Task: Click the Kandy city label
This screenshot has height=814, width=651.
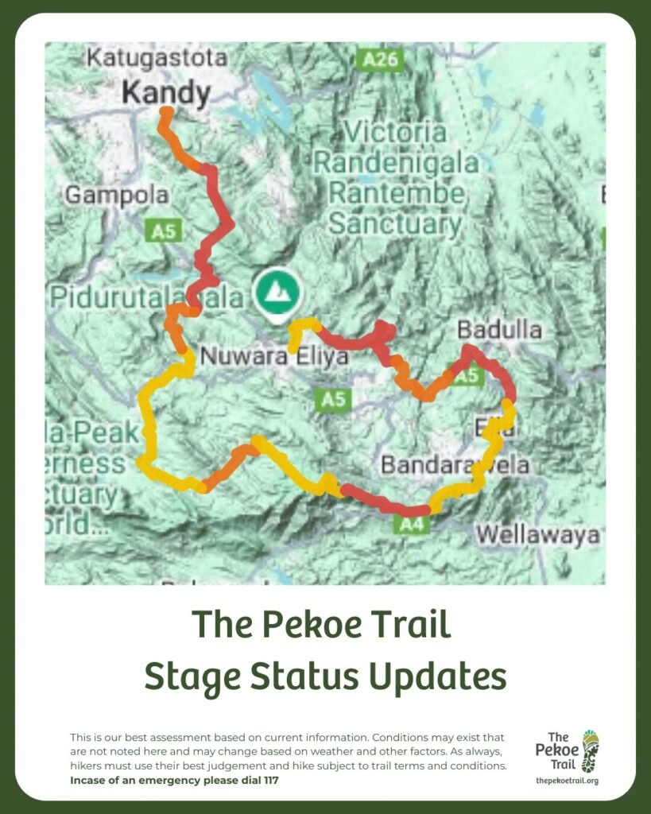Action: coord(166,94)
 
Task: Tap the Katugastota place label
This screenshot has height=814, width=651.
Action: coord(145,59)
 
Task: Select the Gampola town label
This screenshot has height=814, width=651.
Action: coord(117,195)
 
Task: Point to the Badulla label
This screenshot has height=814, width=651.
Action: coord(499,331)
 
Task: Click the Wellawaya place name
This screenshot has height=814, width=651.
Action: coord(538,535)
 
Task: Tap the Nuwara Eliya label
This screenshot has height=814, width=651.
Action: coord(273,356)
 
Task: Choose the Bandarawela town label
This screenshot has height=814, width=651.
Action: coord(455,464)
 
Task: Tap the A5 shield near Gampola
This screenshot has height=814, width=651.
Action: coord(163,231)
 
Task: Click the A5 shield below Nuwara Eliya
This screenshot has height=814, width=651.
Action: coord(334,398)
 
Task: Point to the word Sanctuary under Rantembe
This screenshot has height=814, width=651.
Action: coord(394,224)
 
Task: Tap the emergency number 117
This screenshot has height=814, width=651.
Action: coord(269,780)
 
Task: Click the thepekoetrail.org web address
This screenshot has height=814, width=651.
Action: coord(567,781)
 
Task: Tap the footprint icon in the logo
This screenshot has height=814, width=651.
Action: coord(589,751)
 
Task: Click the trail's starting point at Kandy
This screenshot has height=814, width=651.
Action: coord(166,112)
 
